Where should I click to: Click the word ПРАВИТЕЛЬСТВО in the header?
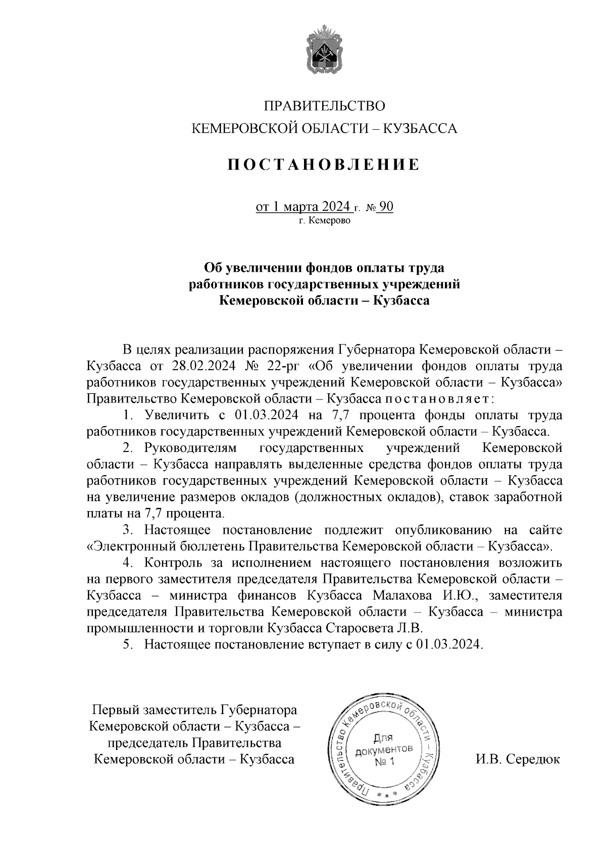(x=324, y=107)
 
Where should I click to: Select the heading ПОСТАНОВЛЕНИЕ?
(x=323, y=165)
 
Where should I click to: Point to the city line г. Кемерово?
(x=324, y=221)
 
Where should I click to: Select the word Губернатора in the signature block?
(x=258, y=710)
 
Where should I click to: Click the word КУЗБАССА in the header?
(x=422, y=129)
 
